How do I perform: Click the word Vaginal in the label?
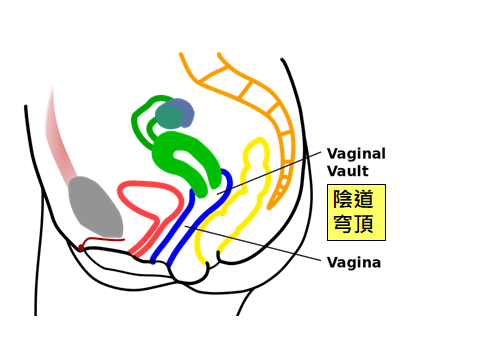[x=357, y=154]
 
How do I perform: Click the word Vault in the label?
[x=346, y=170]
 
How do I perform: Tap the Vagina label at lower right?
[x=353, y=263]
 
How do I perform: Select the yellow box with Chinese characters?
[x=357, y=212]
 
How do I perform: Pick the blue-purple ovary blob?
[x=175, y=114]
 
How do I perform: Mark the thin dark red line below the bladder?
[x=100, y=241]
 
